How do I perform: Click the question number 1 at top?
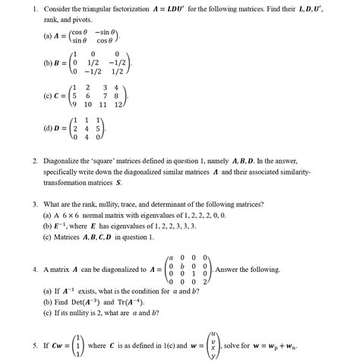coord(35,8)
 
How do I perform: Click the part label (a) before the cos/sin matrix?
coord(49,35)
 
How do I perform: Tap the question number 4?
coord(35,270)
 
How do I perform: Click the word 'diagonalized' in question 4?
coord(123,270)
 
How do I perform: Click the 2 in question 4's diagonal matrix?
coord(205,282)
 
